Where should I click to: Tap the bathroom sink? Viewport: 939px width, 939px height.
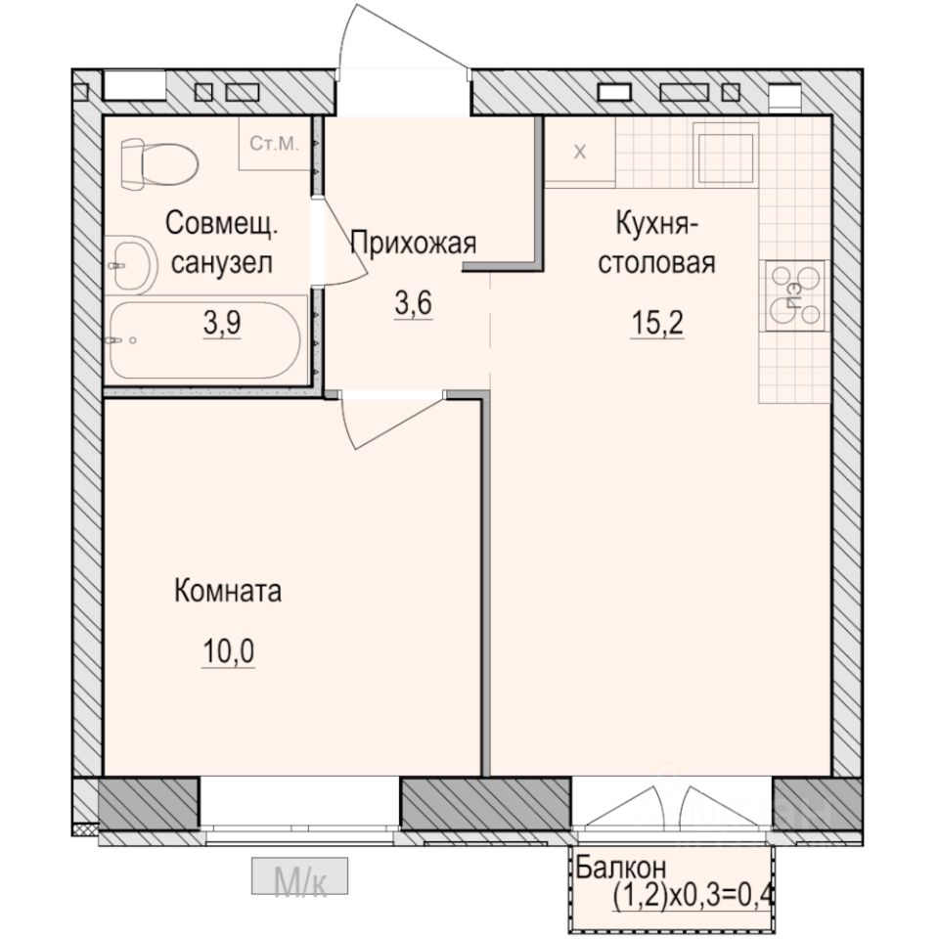(132, 263)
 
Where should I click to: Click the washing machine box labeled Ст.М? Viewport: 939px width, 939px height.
(275, 145)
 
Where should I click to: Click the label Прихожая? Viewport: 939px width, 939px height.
(413, 243)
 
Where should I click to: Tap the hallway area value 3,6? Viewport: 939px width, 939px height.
(413, 304)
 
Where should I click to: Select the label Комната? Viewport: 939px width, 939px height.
(228, 591)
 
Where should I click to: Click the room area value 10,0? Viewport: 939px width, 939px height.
(228, 652)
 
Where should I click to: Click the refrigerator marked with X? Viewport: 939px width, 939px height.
(579, 152)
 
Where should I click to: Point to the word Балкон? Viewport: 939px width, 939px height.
(620, 867)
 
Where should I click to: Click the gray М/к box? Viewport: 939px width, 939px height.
(300, 877)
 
